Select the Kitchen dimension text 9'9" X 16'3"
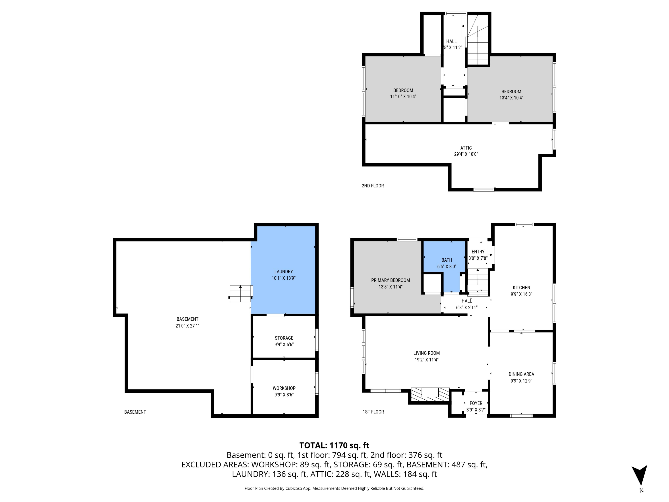coord(521,294)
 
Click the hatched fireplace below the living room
coord(429,395)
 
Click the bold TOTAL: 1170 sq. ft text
coord(334,445)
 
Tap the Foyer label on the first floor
coord(476,403)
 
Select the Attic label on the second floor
coord(466,148)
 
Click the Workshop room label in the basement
coord(284,388)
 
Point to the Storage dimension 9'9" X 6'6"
coord(284,344)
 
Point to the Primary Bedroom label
coord(390,280)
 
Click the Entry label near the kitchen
coord(478,251)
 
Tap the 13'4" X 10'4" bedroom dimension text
coord(511,98)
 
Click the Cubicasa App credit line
coord(334,488)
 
